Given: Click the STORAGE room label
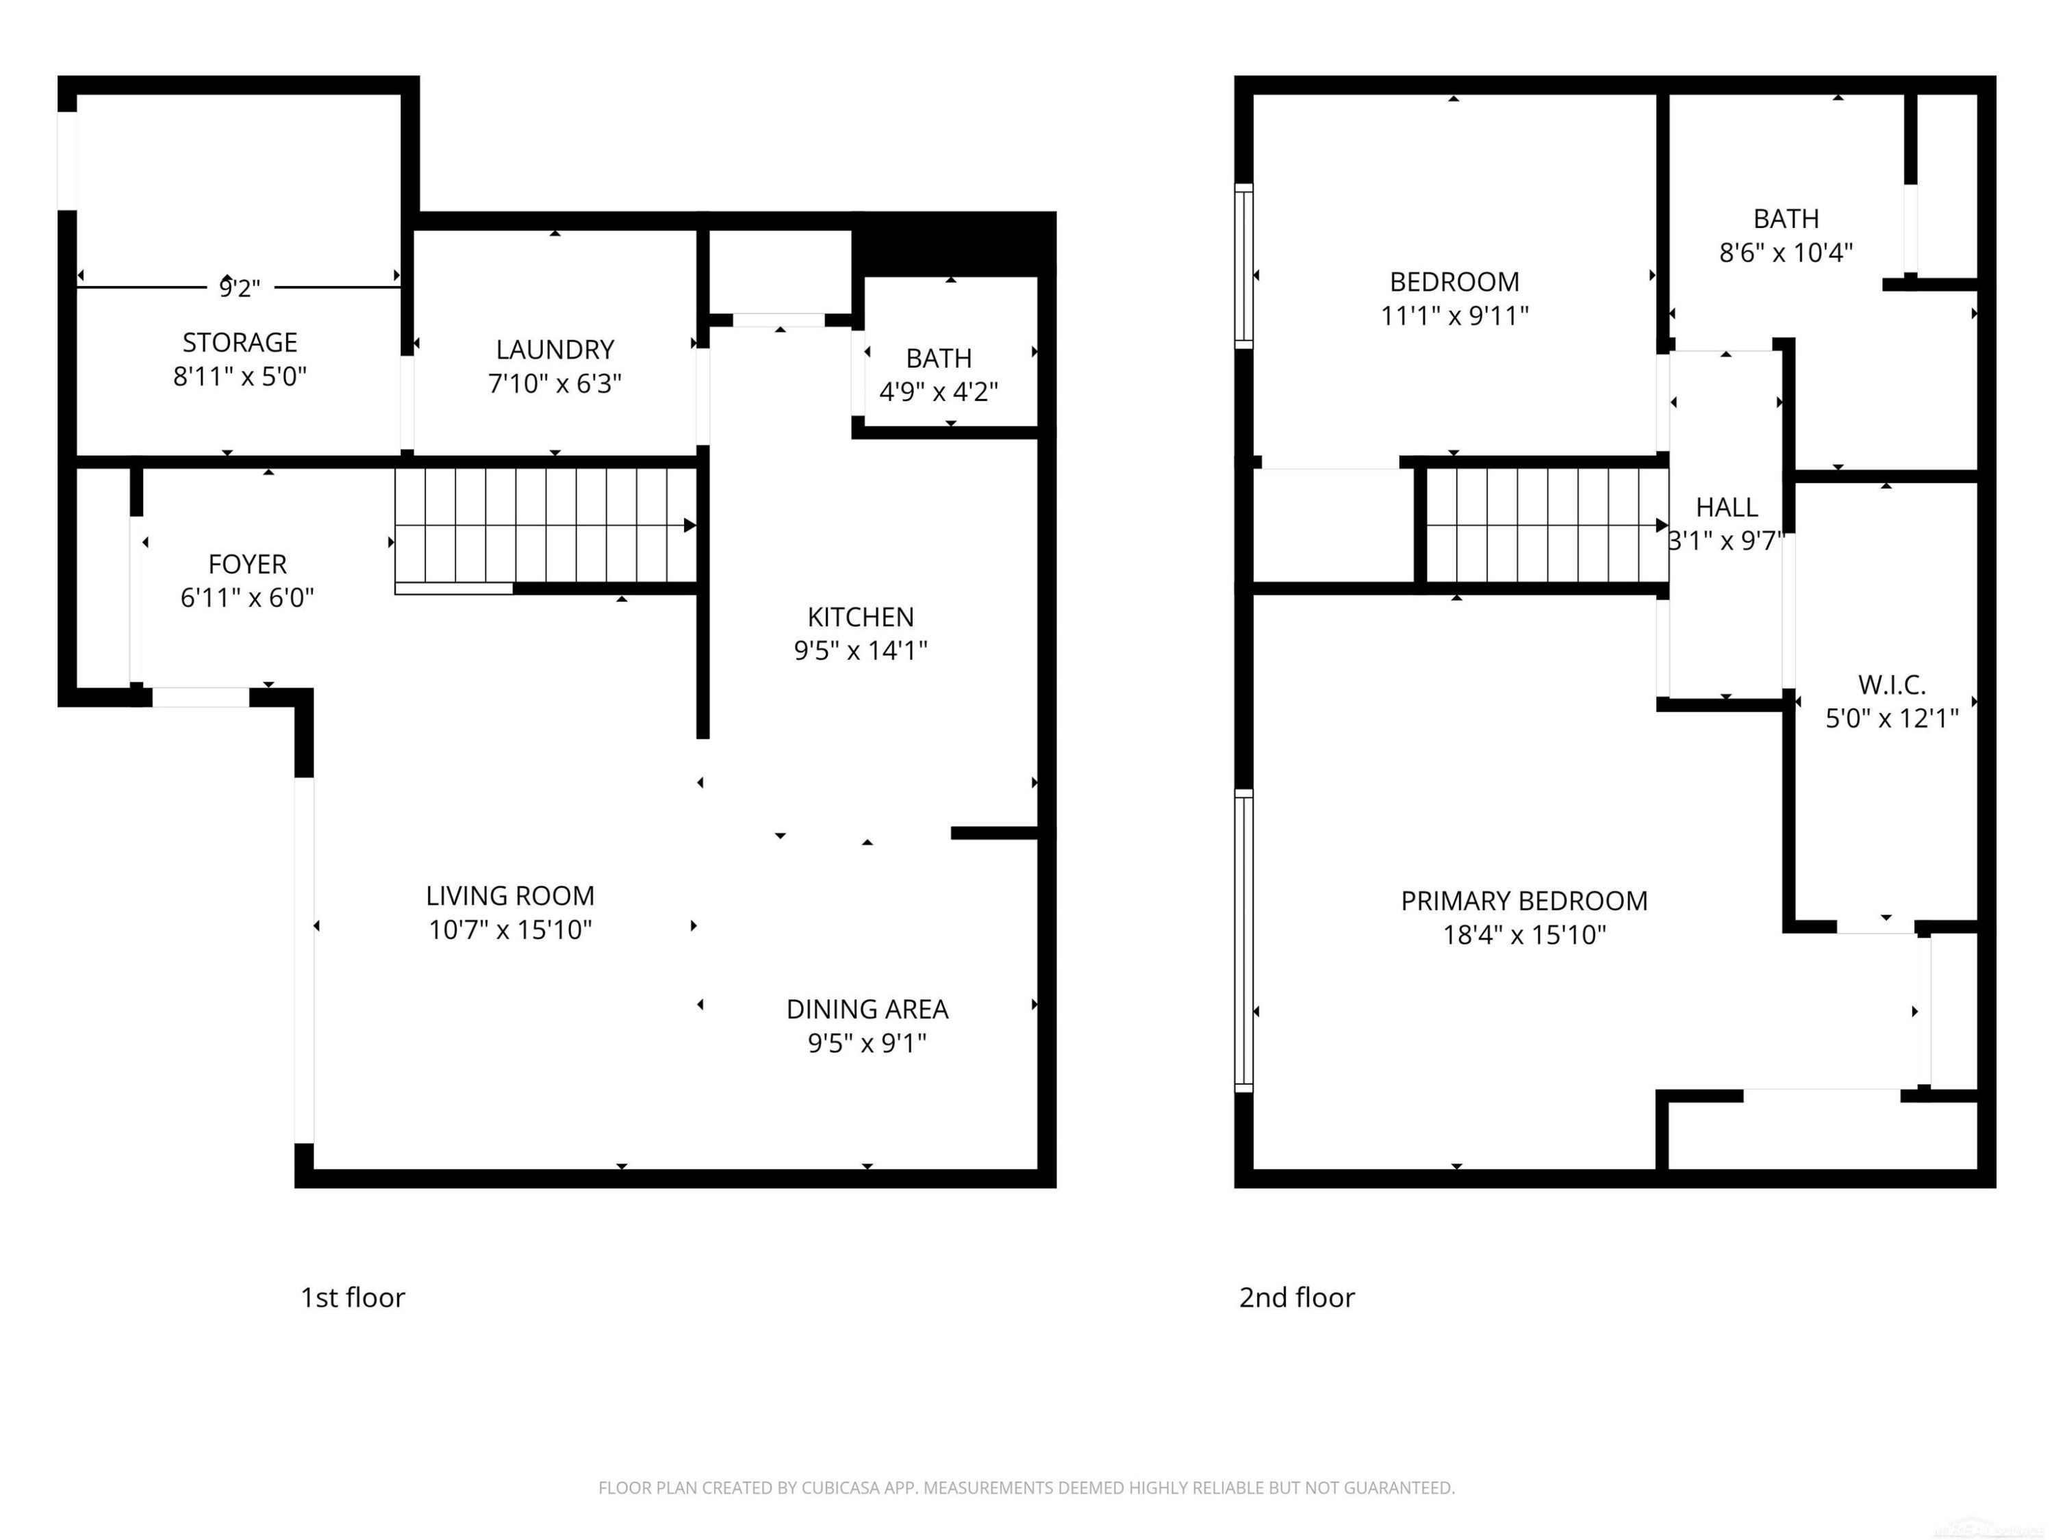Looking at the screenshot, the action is [240, 342].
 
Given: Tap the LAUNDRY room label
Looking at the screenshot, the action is [555, 349].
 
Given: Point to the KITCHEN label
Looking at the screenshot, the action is [860, 617].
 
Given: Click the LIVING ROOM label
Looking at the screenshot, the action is [510, 896].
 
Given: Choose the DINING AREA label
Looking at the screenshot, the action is [867, 1009].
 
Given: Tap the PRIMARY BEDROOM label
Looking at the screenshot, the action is [1524, 901].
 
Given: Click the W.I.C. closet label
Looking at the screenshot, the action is [1892, 685].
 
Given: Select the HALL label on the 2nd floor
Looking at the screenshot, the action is [1726, 507].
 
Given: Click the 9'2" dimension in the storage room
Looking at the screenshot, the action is [240, 289].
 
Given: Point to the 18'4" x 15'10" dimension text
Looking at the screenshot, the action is [1524, 935].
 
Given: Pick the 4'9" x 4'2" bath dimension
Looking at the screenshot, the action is [939, 392].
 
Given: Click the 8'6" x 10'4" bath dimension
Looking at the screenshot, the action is [1786, 253].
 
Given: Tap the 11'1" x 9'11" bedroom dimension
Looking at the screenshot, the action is [1454, 316].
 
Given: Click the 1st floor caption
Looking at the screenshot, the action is [353, 1297].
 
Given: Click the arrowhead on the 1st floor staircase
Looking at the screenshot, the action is [690, 526].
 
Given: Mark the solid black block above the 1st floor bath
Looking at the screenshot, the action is [954, 244].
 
